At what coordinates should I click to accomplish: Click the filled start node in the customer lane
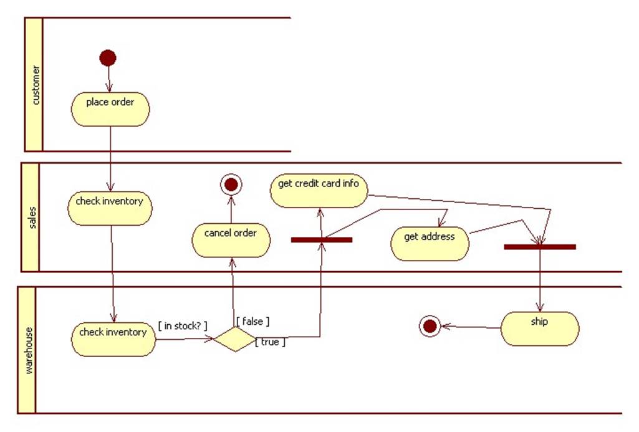[108, 58]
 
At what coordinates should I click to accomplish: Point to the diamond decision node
[235, 339]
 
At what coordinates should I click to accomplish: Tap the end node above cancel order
[231, 185]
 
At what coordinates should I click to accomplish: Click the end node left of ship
[429, 325]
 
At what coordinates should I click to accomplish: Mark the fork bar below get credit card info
[322, 239]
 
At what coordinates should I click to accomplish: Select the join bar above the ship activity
[540, 247]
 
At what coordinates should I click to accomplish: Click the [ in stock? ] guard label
[183, 325]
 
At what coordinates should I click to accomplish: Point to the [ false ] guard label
[252, 321]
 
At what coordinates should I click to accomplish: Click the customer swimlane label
[34, 84]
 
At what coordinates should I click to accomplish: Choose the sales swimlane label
[31, 218]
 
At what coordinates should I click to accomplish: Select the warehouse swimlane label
[27, 350]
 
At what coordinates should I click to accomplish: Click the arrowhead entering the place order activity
[110, 89]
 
